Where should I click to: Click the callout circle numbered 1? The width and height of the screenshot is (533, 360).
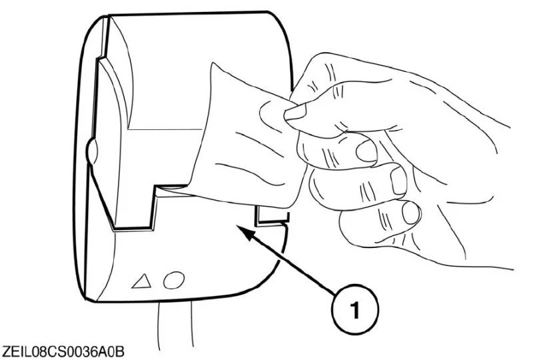(x=354, y=310)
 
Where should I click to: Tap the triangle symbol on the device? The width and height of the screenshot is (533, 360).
(x=142, y=281)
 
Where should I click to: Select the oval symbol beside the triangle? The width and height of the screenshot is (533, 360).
(x=174, y=280)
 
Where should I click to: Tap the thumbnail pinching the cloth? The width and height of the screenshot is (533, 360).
(x=295, y=112)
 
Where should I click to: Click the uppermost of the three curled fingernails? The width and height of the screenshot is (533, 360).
(x=366, y=151)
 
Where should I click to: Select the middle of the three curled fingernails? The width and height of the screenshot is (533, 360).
(x=398, y=181)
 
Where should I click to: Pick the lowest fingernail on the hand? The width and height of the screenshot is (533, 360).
(x=411, y=213)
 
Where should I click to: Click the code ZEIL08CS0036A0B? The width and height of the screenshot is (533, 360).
(x=63, y=352)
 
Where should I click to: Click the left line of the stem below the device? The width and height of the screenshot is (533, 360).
(x=159, y=325)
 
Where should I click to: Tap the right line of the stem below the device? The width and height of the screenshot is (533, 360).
(x=192, y=323)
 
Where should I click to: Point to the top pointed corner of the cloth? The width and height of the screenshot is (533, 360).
(x=213, y=63)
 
